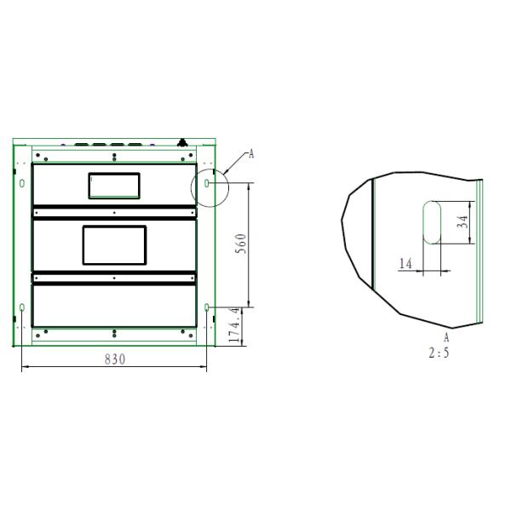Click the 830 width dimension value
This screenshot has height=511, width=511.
(114, 359)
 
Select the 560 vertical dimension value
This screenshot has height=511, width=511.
(241, 244)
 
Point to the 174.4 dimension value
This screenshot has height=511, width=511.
(236, 326)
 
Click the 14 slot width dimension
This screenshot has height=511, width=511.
(405, 264)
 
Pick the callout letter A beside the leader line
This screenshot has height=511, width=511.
(251, 153)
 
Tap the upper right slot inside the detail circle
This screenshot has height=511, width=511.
(209, 183)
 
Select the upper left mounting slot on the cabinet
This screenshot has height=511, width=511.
(21, 183)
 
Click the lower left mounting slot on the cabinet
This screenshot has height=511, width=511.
(21, 307)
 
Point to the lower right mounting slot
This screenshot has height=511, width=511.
(209, 307)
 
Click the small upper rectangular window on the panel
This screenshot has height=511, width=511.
(114, 185)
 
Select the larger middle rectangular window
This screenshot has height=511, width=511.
(114, 244)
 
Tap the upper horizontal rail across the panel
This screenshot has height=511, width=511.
(114, 210)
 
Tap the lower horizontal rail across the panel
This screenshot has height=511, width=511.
(114, 278)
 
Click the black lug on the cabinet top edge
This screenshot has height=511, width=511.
(181, 142)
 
